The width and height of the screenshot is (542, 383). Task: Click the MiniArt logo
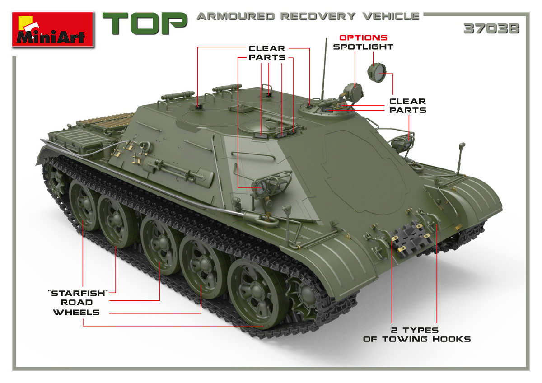point(52,29)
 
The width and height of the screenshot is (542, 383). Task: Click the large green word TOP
point(145,23)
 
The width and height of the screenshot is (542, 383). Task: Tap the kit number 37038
point(491,28)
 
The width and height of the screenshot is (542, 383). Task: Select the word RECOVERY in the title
point(318,16)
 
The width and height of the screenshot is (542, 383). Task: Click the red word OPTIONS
point(363,38)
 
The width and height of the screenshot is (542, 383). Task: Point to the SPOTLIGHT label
point(363,47)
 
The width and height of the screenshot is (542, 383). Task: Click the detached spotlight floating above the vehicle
point(377,73)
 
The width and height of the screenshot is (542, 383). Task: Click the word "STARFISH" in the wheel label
point(78,293)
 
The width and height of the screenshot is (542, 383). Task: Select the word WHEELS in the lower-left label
point(76,312)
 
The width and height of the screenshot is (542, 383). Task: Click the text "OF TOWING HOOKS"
point(417,339)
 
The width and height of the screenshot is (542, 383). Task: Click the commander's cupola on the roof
point(326,110)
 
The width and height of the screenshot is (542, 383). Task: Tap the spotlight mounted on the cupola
point(353,92)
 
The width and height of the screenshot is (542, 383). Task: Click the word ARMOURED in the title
point(236,16)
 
